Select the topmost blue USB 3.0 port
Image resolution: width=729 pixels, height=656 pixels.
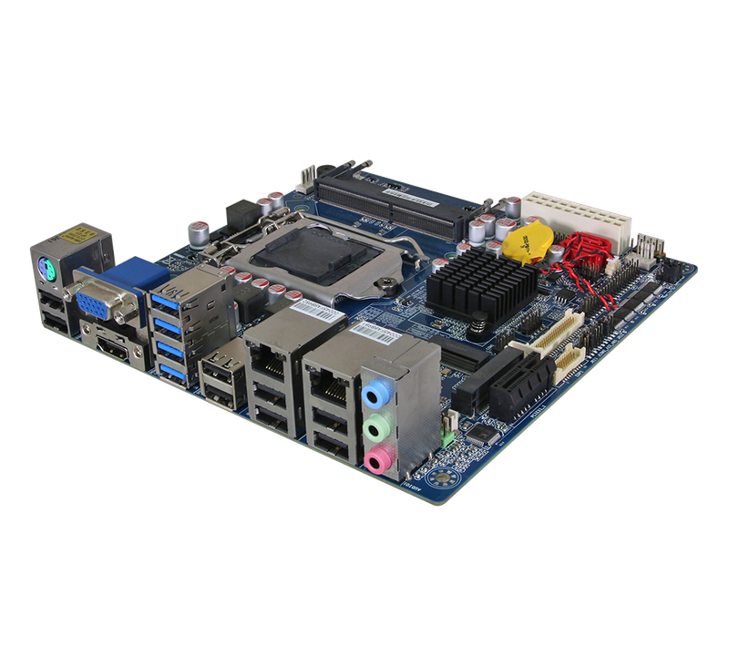pyautogui.click(x=170, y=299)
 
